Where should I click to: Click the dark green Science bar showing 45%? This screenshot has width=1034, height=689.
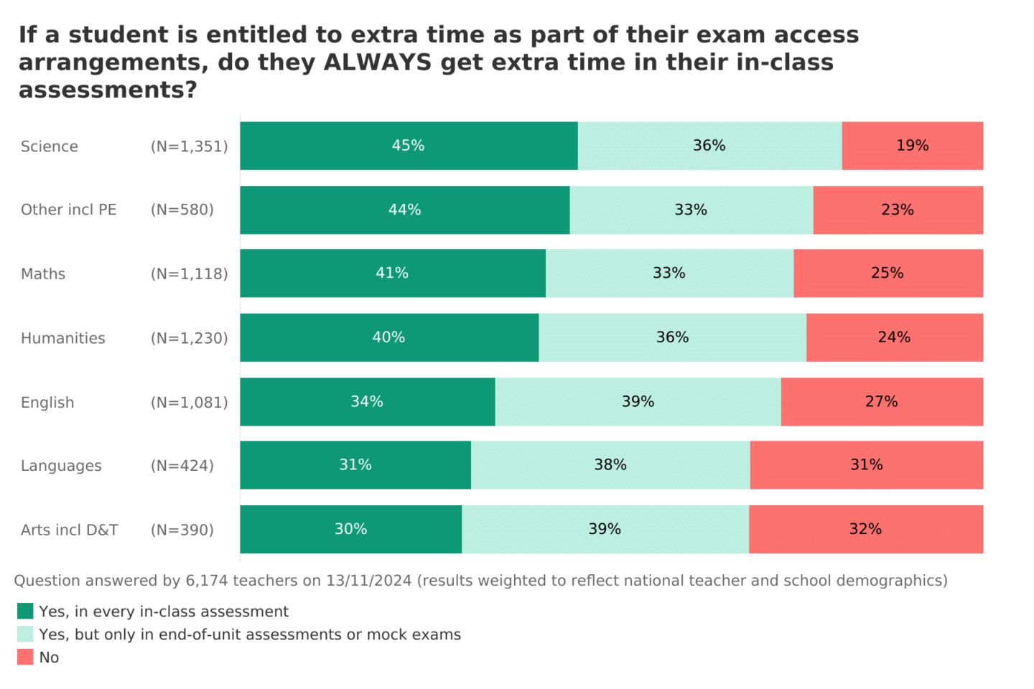tap(409, 146)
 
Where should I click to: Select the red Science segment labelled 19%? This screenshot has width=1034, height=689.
tap(912, 146)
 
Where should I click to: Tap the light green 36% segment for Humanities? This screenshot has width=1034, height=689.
tap(672, 337)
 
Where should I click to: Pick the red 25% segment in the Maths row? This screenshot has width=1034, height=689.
tap(888, 273)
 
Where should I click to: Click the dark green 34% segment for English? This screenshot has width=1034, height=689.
tap(367, 402)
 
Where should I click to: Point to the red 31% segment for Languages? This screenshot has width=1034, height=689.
tap(866, 465)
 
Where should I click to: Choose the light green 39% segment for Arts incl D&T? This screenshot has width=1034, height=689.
tap(605, 529)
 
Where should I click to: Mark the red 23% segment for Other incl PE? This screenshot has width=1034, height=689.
tap(898, 210)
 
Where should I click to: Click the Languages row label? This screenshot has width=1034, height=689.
tap(61, 466)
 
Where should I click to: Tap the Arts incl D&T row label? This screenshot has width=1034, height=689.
tap(70, 530)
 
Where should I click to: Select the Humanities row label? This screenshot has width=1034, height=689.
tap(63, 338)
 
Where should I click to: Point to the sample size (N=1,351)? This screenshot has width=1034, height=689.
tap(190, 146)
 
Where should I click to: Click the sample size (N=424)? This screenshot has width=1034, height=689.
tap(182, 466)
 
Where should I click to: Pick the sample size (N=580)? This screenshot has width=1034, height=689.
tap(182, 210)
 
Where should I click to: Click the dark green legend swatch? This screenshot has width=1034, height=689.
tap(25, 611)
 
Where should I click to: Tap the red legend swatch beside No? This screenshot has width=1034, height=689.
tap(25, 657)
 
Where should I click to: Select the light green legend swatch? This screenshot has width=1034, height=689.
tap(25, 634)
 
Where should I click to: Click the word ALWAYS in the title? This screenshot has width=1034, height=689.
tap(378, 62)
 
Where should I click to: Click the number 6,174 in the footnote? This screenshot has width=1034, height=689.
tap(207, 581)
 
